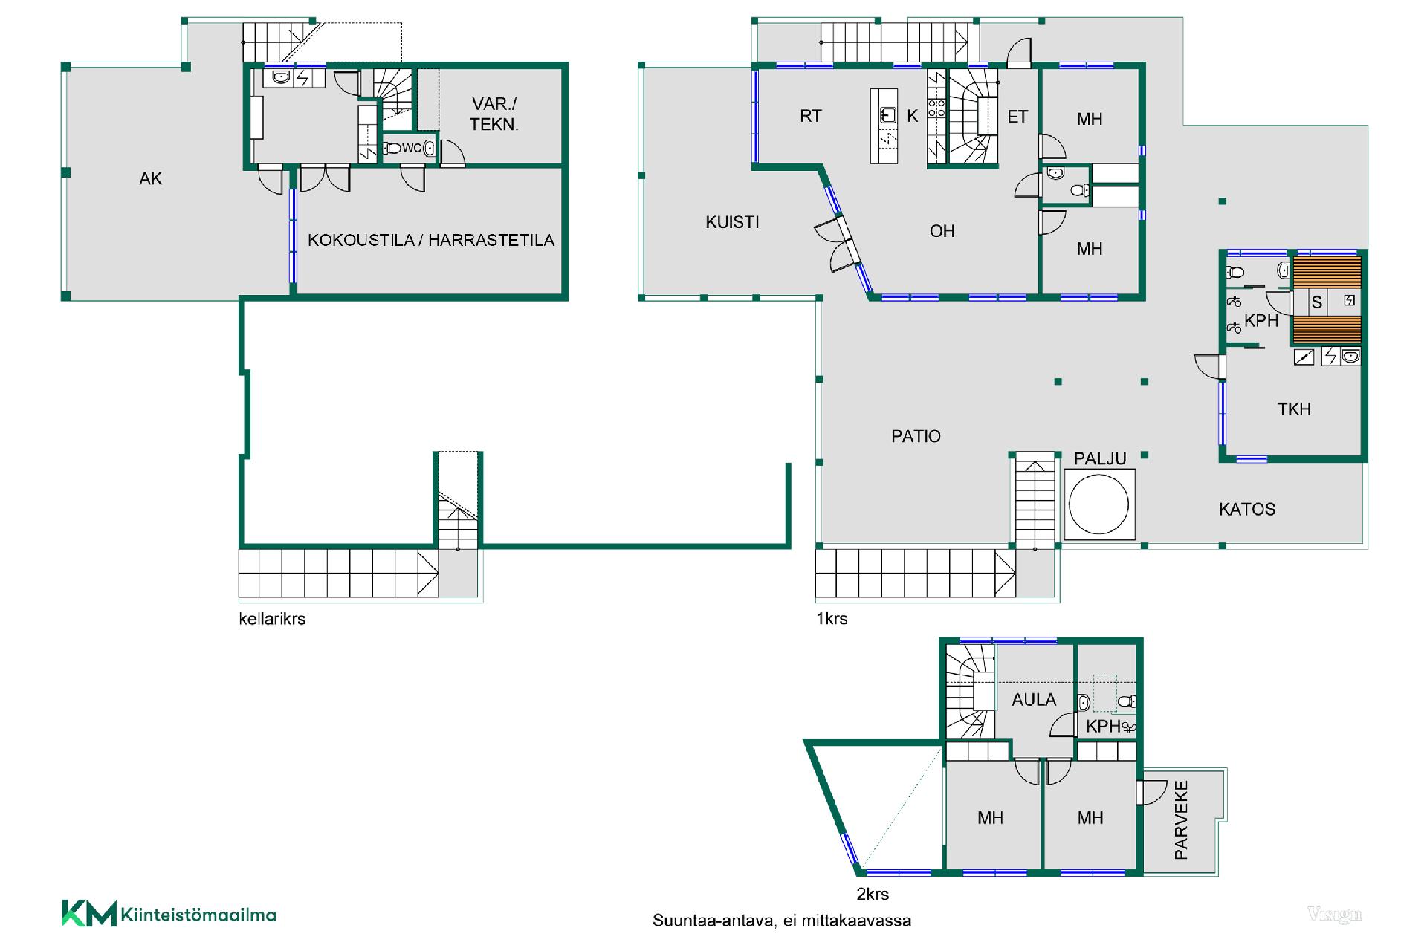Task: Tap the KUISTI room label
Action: pyautogui.click(x=732, y=222)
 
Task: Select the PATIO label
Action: pyautogui.click(x=916, y=436)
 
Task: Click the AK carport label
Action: pyautogui.click(x=150, y=178)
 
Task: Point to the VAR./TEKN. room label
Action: pyautogui.click(x=494, y=114)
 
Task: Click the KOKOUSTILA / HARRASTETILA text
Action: pyautogui.click(x=431, y=240)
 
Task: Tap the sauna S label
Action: pyautogui.click(x=1316, y=302)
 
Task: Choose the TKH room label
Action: pyautogui.click(x=1294, y=409)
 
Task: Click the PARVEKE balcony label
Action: pyautogui.click(x=1181, y=820)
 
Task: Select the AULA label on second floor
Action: pyautogui.click(x=1034, y=699)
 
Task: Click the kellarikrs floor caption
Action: pyautogui.click(x=272, y=619)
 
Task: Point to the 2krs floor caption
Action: pyautogui.click(x=873, y=894)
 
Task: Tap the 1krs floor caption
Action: pyautogui.click(x=832, y=618)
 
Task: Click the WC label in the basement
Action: pyautogui.click(x=411, y=148)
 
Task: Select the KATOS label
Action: pyautogui.click(x=1247, y=509)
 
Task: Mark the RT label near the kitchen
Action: pyautogui.click(x=811, y=116)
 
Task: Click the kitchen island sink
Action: pyautogui.click(x=886, y=115)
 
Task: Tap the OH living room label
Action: pyautogui.click(x=942, y=231)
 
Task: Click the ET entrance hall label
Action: pyautogui.click(x=1017, y=117)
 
